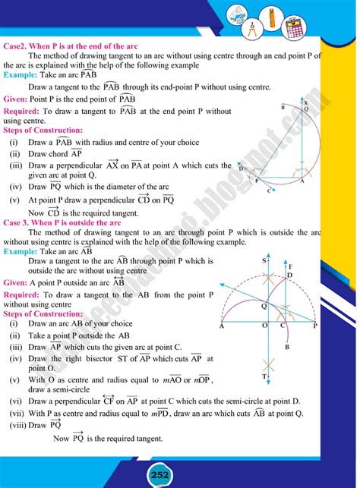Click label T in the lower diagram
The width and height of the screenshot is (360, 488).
(x=264, y=376)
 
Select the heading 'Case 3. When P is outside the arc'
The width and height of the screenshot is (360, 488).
(x=64, y=223)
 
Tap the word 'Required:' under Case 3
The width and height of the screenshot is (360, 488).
(x=24, y=293)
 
